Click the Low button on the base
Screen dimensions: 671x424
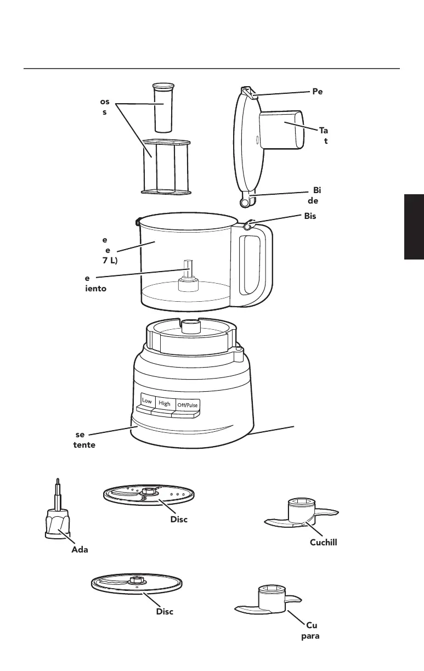(147, 401)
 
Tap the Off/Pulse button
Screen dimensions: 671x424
(188, 405)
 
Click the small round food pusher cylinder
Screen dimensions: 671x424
(162, 106)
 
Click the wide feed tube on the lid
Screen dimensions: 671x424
(281, 129)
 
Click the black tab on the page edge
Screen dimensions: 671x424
(414, 225)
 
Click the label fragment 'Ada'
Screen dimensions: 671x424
(80, 550)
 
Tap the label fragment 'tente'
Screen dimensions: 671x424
(84, 445)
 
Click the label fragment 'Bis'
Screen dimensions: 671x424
(310, 216)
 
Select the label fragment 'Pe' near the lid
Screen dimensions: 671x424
(318, 92)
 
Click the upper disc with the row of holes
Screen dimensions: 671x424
(149, 495)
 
